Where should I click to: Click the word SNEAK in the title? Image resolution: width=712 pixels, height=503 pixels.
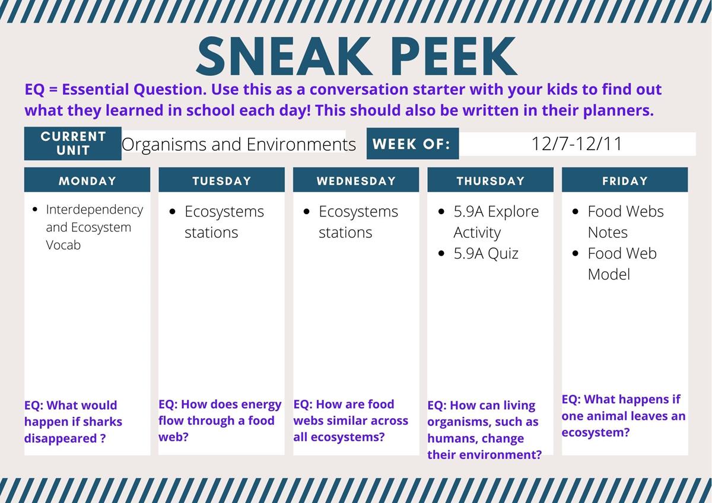click(x=284, y=56)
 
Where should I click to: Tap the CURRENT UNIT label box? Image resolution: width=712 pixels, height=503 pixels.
click(x=73, y=144)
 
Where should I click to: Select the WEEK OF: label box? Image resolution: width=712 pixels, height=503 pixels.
click(x=412, y=144)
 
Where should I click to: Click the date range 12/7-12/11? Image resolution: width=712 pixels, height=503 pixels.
click(x=577, y=144)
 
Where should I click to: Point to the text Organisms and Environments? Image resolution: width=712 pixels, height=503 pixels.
click(x=239, y=145)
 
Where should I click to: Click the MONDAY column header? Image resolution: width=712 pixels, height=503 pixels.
click(x=87, y=180)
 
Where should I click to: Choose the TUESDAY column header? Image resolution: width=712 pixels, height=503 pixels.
click(x=221, y=180)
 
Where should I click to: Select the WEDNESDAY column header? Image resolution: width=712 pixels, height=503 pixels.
click(x=356, y=180)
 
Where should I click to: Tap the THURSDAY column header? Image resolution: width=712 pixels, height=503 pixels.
click(x=491, y=180)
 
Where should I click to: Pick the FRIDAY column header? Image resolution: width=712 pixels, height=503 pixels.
click(x=625, y=180)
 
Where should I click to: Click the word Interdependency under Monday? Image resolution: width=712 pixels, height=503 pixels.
click(x=94, y=210)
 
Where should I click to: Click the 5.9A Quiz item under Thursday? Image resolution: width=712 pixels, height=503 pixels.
click(x=486, y=253)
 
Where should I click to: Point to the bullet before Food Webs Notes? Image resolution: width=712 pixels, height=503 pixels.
click(x=575, y=212)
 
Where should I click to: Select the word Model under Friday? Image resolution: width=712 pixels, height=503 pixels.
click(x=609, y=275)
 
